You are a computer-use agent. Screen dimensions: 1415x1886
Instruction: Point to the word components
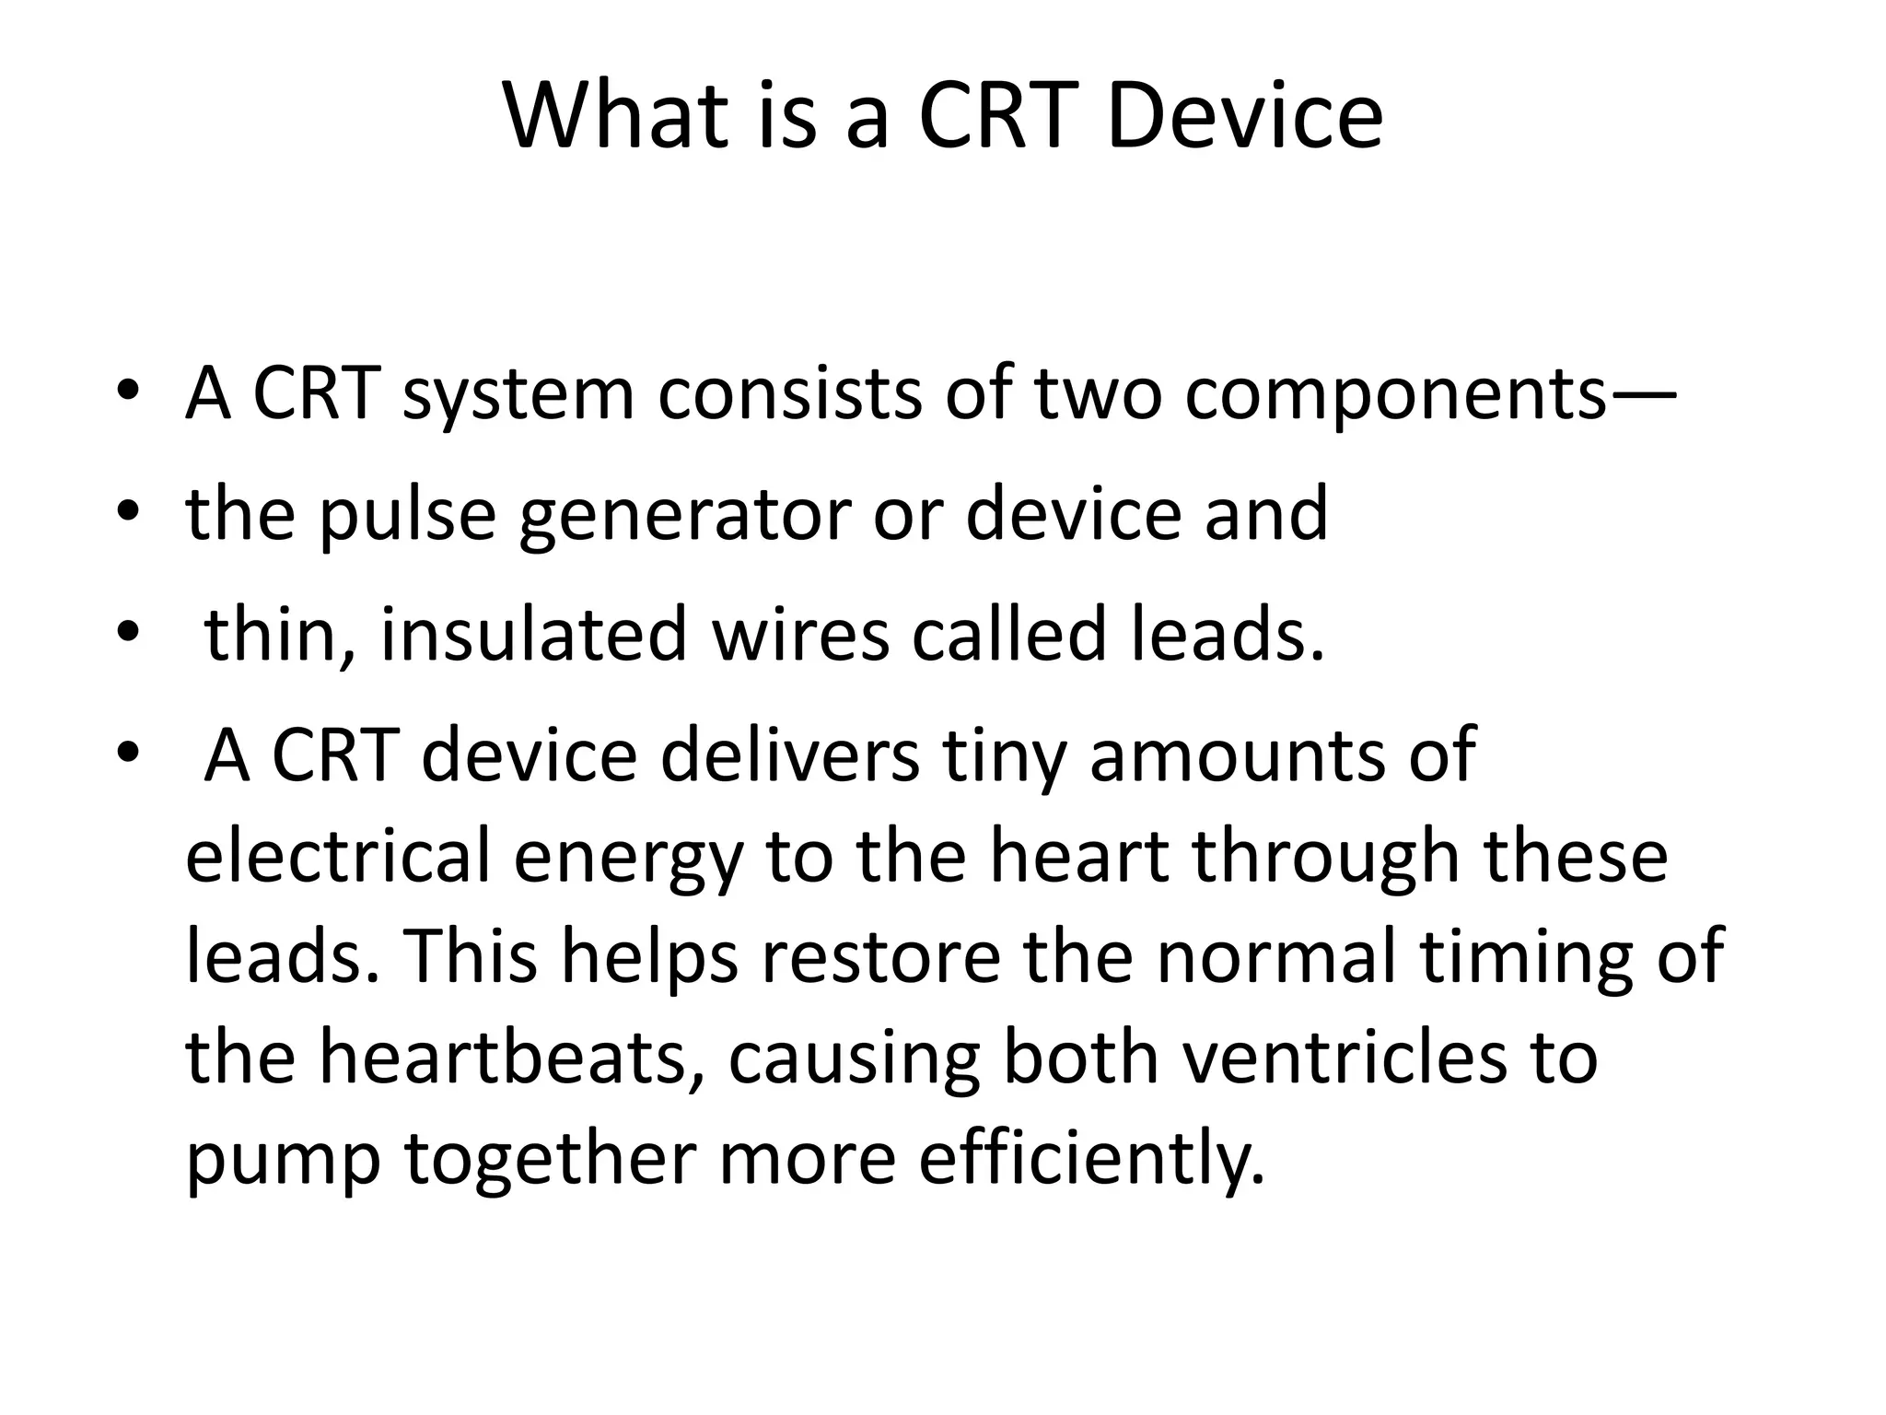click(1395, 394)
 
